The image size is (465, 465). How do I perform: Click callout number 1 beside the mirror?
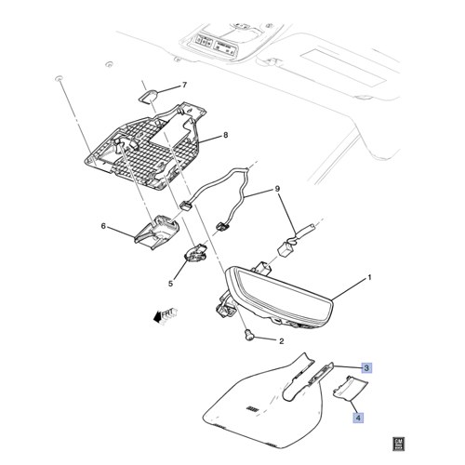pos(369,278)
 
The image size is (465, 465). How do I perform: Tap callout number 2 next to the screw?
pos(282,341)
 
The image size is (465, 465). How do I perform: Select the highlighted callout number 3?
pos(366,368)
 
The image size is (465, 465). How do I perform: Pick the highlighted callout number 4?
pos(358,418)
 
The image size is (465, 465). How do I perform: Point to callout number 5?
pos(171,284)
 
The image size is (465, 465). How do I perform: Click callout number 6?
pos(103,226)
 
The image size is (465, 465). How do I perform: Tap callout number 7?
pos(185,85)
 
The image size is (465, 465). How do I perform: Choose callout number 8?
pos(225,135)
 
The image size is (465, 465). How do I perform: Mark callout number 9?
pos(277,189)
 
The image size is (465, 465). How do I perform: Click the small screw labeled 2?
pos(249,335)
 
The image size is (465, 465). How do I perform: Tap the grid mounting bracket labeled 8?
pos(145,145)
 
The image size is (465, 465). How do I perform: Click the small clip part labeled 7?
pos(148,96)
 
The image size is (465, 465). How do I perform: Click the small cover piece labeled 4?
pos(350,387)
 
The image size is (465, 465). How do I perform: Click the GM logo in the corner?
pos(399,444)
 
